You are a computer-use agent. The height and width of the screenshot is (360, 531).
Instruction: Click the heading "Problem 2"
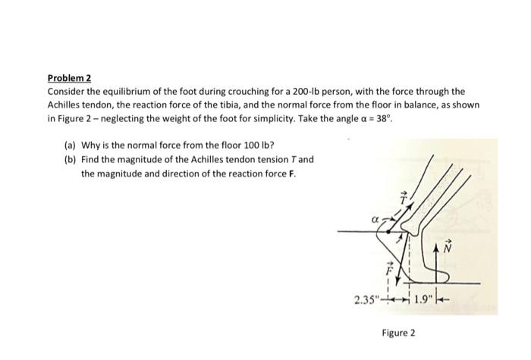(69, 78)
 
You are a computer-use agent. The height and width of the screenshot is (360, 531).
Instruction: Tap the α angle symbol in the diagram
(374, 219)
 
